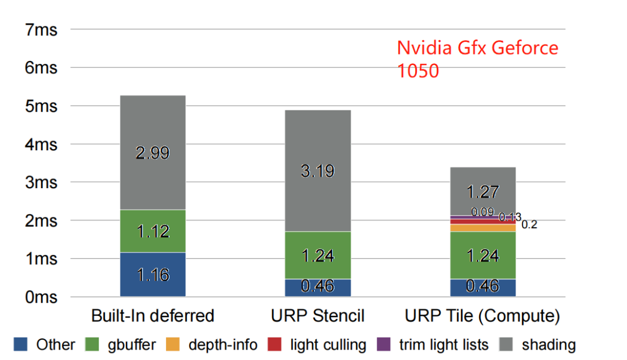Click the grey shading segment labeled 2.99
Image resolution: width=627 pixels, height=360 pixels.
coord(152,152)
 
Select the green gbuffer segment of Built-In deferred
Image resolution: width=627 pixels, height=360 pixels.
coord(152,231)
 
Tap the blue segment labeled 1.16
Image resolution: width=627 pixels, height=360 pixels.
coord(152,274)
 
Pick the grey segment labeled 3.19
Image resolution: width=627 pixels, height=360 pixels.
coord(318,171)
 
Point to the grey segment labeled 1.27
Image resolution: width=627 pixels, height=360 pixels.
coord(483,191)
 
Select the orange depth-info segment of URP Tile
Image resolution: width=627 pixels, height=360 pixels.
coord(483,228)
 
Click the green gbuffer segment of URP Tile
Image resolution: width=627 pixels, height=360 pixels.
coord(483,255)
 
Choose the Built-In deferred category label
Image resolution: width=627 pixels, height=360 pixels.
coord(153,316)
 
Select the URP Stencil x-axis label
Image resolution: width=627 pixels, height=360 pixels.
coord(318,316)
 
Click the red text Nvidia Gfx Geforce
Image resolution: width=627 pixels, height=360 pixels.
coord(477,48)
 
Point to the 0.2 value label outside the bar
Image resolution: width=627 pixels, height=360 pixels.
coord(529,225)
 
